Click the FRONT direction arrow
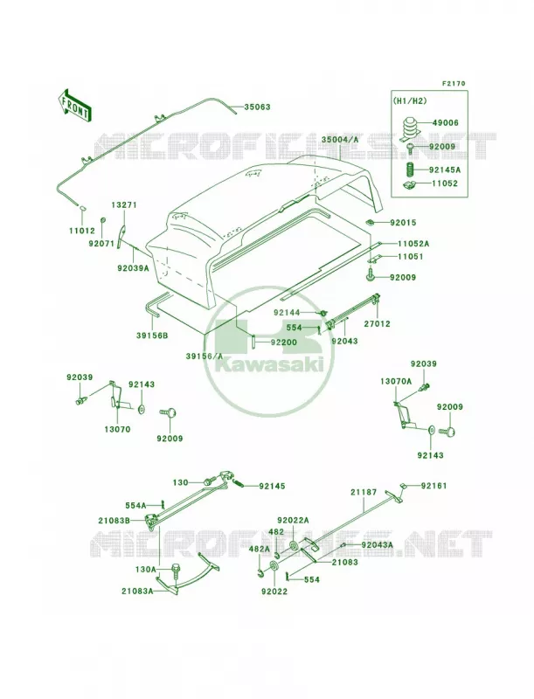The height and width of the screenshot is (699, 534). pos(75,105)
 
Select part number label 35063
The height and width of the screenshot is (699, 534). pos(257,107)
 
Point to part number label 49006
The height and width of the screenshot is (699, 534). pos(443,122)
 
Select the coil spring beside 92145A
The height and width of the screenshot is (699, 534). pos(412,170)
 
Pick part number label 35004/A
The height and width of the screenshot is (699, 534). pos(340,140)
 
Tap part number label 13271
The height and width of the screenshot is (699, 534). pos(124,205)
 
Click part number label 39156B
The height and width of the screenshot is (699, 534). pos(152,336)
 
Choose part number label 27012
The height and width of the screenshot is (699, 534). pos(376,323)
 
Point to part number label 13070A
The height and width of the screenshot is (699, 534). pos(396,382)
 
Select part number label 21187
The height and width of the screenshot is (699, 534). pos(364,492)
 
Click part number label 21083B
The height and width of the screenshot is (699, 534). pos(114,520)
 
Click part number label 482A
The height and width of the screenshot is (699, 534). pos(260,550)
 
